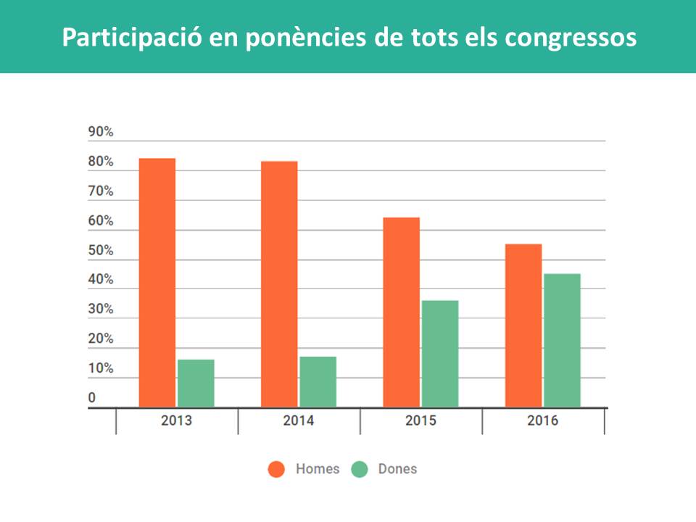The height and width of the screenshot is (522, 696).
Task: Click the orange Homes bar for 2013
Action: pos(157,283)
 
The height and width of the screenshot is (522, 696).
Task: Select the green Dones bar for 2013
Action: pos(196,383)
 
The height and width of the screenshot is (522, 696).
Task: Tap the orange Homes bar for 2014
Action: pos(279,284)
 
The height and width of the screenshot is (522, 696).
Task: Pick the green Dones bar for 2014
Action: pos(318,381)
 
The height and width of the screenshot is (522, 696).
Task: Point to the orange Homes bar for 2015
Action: pos(401,312)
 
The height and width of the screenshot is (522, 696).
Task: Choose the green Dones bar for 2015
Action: pos(440,354)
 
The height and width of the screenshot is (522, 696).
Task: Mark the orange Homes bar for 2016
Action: pos(523,326)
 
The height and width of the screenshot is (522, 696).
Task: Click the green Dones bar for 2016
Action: pos(562,340)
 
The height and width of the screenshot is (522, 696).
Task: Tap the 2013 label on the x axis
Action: pos(176,420)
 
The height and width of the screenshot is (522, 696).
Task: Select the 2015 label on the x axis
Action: pos(420,420)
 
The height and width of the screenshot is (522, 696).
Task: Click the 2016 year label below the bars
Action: pos(543,420)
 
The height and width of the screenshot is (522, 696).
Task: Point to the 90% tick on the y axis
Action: pos(101,132)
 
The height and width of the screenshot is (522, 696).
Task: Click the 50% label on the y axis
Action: pos(101,250)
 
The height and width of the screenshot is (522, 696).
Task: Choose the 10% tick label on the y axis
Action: pos(101,368)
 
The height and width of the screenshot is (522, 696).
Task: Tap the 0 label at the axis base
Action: pos(92,397)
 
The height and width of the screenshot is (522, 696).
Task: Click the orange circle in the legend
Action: pos(276,469)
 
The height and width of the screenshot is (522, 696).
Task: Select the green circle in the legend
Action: pos(360,469)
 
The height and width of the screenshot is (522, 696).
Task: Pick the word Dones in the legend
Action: pos(397,469)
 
